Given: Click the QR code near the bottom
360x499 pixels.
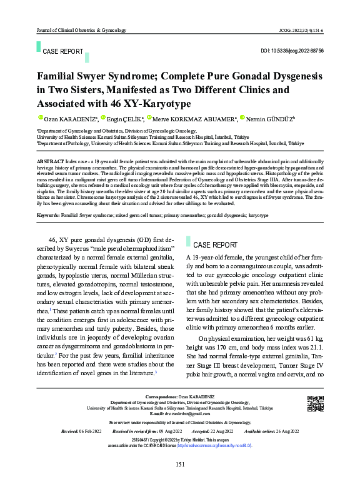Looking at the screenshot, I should coord(315,404).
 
